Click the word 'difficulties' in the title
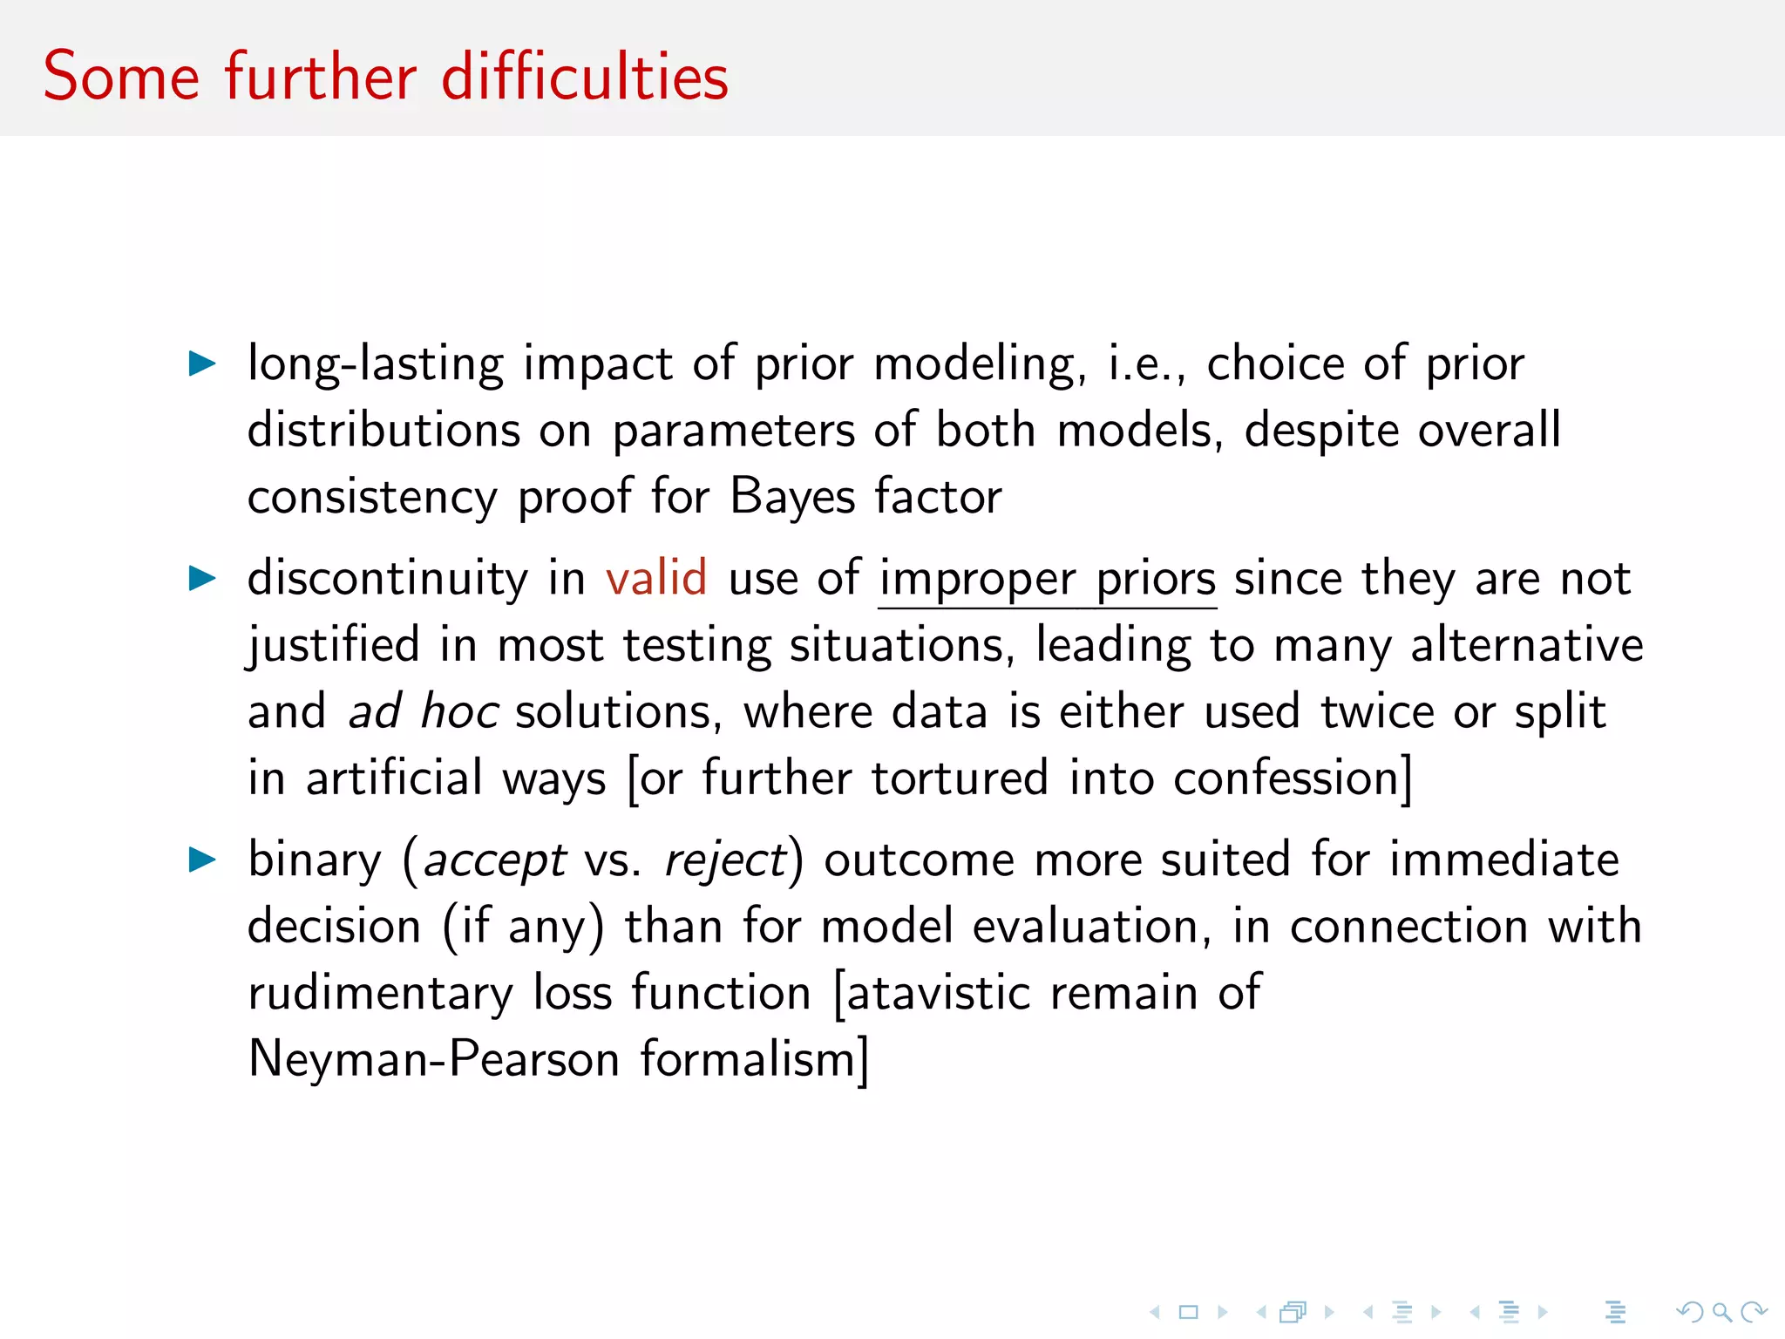(x=585, y=77)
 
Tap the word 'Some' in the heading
(x=121, y=77)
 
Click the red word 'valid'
(x=656, y=578)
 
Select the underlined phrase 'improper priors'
(x=1047, y=580)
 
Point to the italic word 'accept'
(x=495, y=861)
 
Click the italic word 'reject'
(x=725, y=861)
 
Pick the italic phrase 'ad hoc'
(x=424, y=711)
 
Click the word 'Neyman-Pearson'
(x=434, y=1059)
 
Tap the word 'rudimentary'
(x=381, y=994)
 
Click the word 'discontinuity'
(x=388, y=578)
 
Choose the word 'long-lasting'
(x=376, y=364)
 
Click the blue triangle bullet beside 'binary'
(x=202, y=860)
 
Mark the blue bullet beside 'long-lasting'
(x=202, y=364)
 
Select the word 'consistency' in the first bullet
(x=372, y=498)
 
